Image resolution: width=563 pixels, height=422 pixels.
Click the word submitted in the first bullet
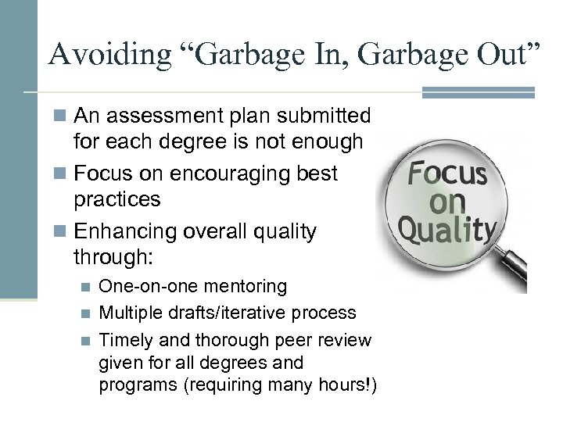[324, 116]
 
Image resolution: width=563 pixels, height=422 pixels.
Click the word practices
[117, 198]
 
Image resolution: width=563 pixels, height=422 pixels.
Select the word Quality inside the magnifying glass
[448, 229]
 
